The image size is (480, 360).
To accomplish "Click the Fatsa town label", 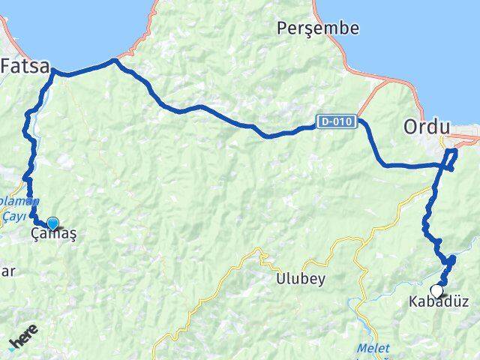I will tap(25, 65).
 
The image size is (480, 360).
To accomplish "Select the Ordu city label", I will tap(427, 127).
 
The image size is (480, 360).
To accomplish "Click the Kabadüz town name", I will tap(439, 303).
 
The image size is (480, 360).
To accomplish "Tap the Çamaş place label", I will tap(54, 234).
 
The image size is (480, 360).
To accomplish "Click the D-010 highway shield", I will tap(335, 121).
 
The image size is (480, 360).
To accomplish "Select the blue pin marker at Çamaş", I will tap(52, 223).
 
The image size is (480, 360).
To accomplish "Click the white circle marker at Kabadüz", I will tap(436, 291).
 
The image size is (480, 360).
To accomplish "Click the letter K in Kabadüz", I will tap(413, 303).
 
